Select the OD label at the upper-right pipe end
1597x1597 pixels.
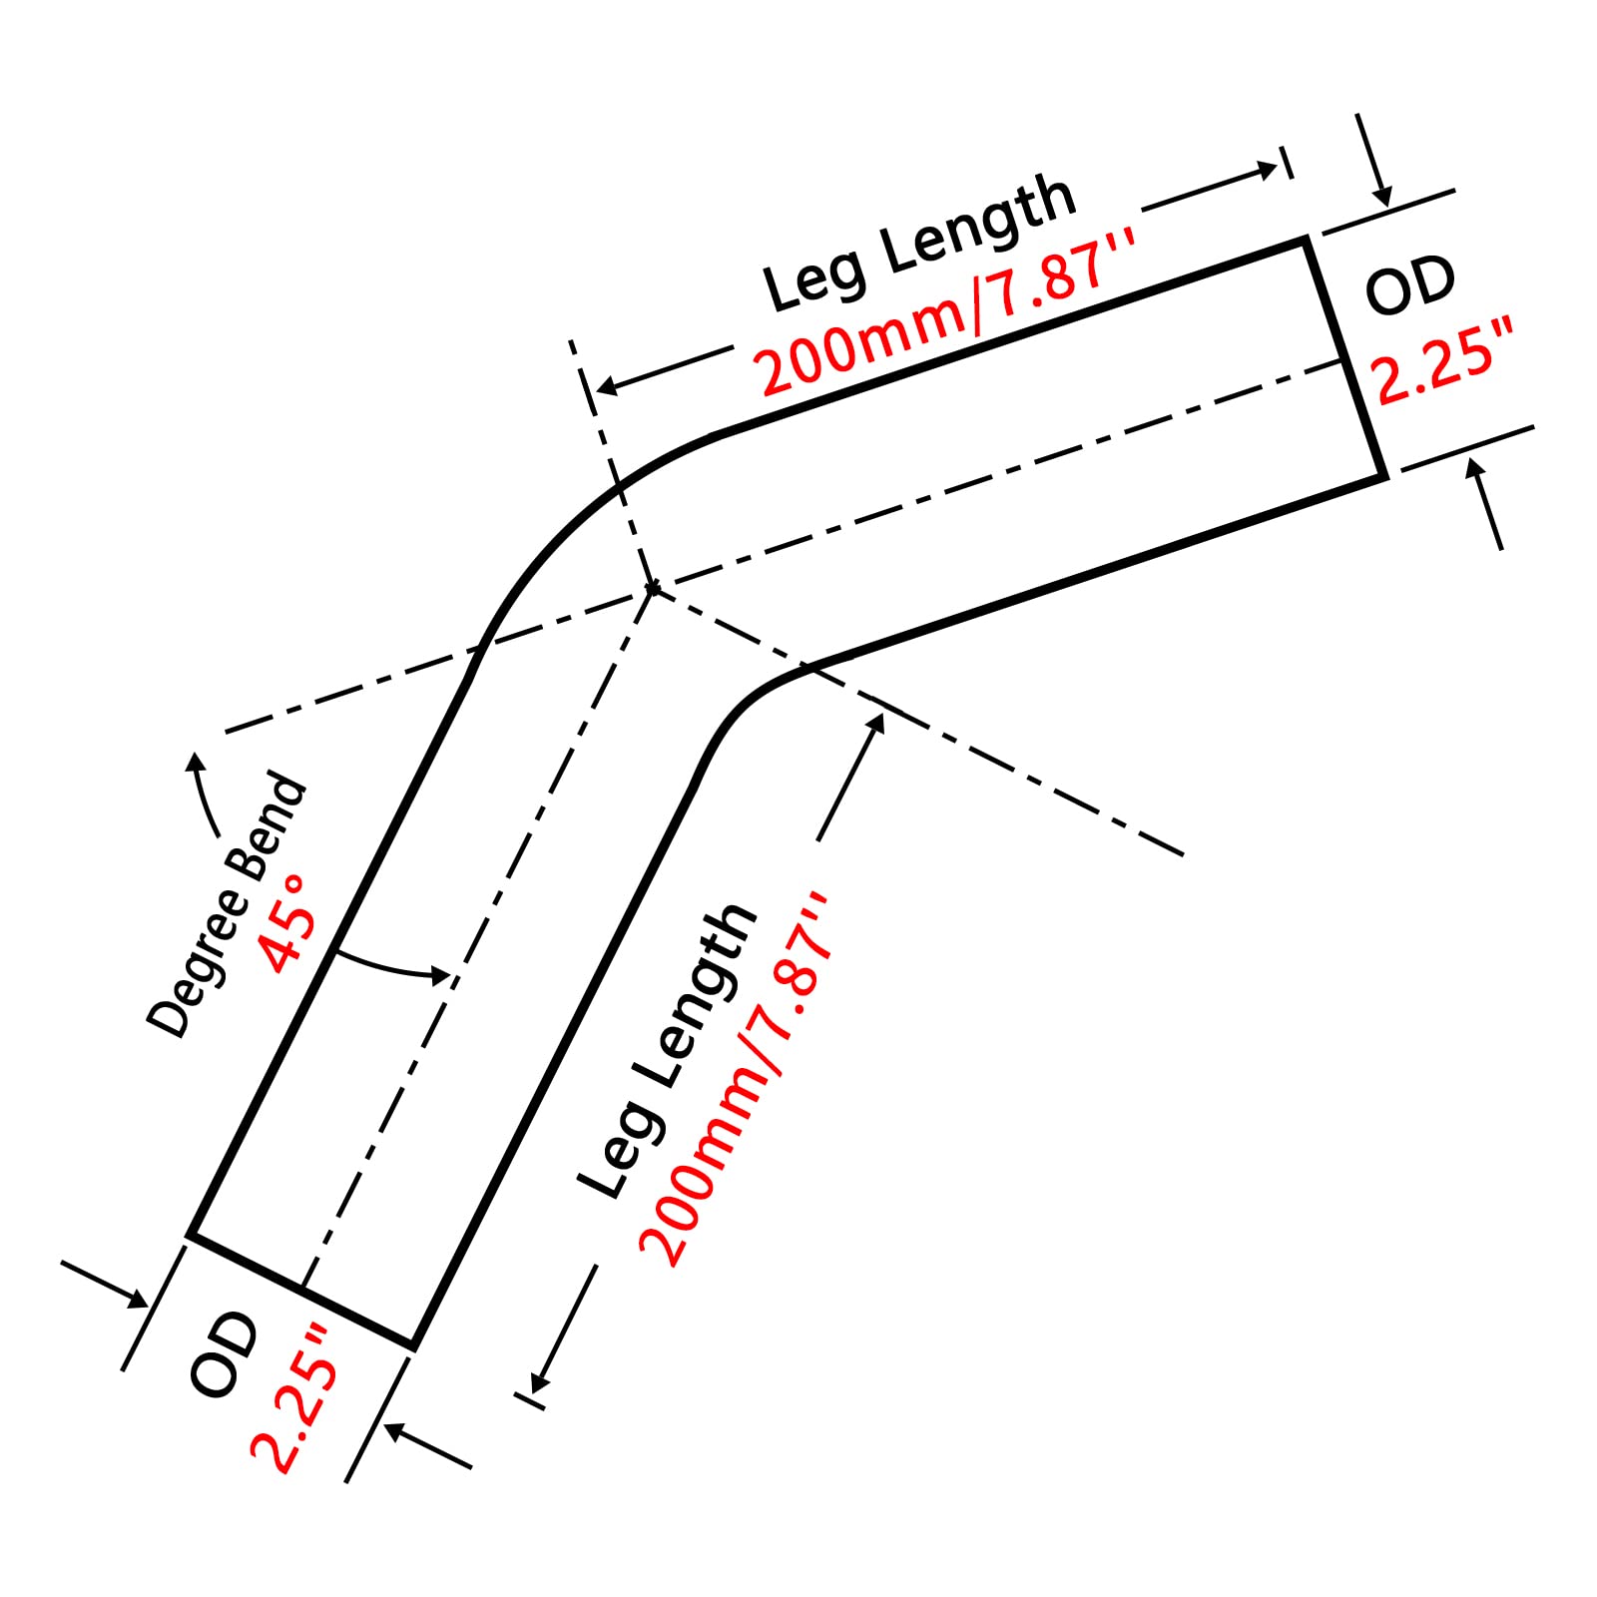coord(1410,286)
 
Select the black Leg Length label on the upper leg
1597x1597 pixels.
coord(919,243)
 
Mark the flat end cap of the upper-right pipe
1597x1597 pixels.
coord(1345,359)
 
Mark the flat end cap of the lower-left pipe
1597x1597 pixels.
coord(301,1291)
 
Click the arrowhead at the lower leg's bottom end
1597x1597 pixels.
coord(539,1378)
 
